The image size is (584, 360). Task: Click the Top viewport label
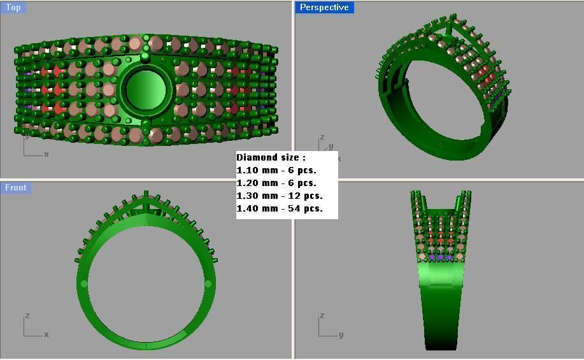click(x=13, y=8)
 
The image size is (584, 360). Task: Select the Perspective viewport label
click(x=324, y=8)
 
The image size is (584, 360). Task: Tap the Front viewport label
click(x=16, y=187)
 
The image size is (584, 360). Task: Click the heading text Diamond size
click(x=271, y=157)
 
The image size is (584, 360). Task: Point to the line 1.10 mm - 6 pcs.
click(x=276, y=170)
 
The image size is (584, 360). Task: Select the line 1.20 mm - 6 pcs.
click(x=276, y=183)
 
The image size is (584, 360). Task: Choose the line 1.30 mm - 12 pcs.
click(x=280, y=196)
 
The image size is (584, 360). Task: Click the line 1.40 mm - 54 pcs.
click(x=280, y=208)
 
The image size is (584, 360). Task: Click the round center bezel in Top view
click(x=146, y=90)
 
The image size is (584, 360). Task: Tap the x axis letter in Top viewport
click(x=46, y=154)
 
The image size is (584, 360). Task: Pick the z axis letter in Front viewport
click(x=27, y=316)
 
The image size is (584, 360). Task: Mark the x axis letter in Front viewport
click(x=46, y=335)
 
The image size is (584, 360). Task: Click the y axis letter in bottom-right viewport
click(x=341, y=335)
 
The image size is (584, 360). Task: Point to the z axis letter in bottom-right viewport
click(x=322, y=316)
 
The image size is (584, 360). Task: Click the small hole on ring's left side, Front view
click(x=83, y=284)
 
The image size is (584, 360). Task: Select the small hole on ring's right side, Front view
click(x=208, y=284)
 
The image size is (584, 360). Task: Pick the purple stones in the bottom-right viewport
click(x=440, y=256)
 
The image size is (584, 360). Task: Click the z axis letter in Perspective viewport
click(x=322, y=137)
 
